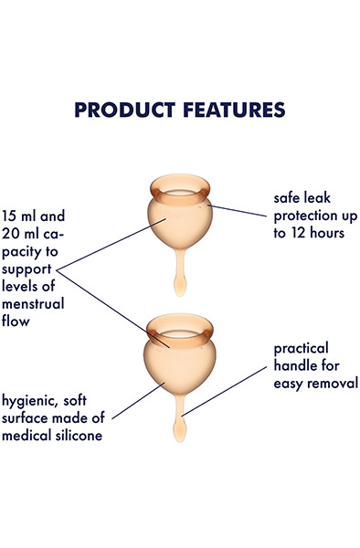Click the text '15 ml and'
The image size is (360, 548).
(x=34, y=217)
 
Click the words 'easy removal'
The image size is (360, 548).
(x=315, y=384)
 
